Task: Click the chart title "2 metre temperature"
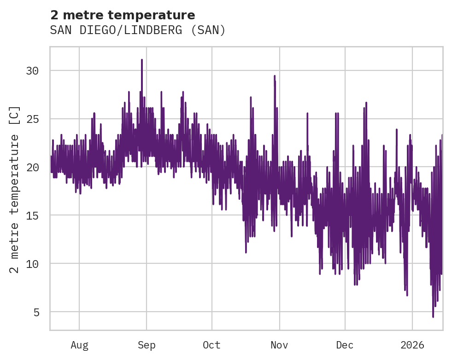click(123, 15)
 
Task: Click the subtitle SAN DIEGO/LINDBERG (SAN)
click(138, 30)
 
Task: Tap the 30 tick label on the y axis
click(32, 71)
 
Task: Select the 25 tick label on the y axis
click(32, 119)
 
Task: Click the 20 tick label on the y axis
click(32, 167)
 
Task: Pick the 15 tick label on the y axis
click(32, 215)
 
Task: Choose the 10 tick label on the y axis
click(32, 264)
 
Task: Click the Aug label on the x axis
click(79, 345)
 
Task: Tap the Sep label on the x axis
click(147, 345)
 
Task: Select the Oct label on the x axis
click(212, 345)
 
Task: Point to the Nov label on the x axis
click(279, 345)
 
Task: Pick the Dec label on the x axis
click(345, 345)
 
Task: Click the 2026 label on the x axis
click(412, 345)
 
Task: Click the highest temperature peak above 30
click(142, 60)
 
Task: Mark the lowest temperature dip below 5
click(433, 316)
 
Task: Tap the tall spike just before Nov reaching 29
click(275, 76)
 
